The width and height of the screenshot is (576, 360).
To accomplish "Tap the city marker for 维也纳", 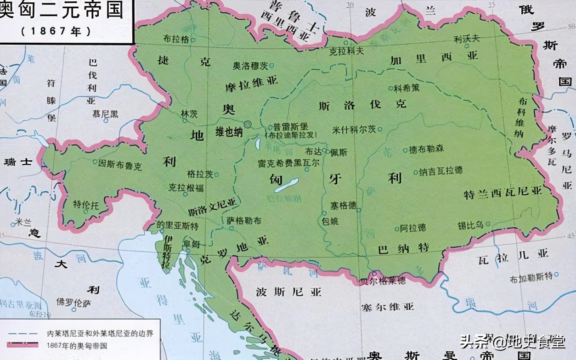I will tap(248, 124).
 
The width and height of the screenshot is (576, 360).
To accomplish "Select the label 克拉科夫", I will tap(347, 51).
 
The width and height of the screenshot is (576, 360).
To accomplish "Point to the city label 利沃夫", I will tap(466, 39).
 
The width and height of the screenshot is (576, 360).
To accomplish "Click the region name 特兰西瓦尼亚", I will tap(503, 193).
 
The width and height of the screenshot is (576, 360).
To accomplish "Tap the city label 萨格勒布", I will tap(244, 221).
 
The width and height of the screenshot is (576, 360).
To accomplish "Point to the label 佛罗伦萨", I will tap(74, 303).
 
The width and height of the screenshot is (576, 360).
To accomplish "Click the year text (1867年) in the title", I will tap(56, 31).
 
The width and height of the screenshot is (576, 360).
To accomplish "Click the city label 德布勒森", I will tap(426, 149).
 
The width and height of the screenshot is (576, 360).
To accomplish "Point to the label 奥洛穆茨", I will tap(250, 66).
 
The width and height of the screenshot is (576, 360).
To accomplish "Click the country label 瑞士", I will tap(18, 162).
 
